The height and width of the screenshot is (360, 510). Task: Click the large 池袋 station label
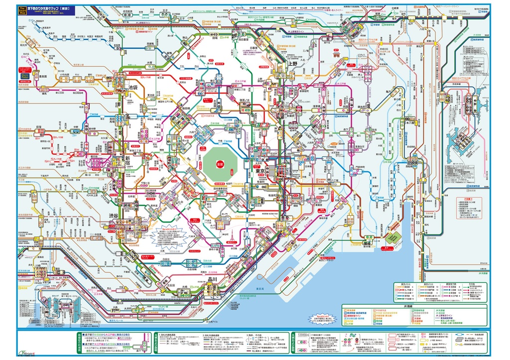132,87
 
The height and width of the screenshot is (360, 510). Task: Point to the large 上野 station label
292,64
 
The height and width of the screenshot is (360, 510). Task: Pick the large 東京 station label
260,171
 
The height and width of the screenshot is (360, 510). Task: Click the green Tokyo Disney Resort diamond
394,238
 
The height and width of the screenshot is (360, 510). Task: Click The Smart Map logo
22,10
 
